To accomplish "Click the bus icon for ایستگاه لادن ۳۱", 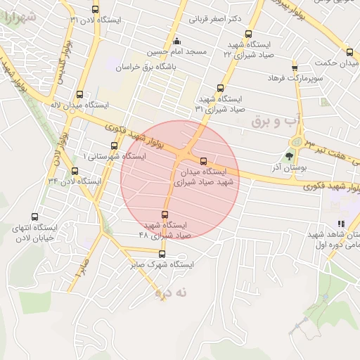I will coord(96,9).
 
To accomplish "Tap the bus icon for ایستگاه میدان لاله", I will coord(80,94).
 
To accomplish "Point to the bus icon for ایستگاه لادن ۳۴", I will coord(75,171).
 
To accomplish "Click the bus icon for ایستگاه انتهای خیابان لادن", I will coord(35,217).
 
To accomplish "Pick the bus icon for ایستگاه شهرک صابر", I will coord(162,254).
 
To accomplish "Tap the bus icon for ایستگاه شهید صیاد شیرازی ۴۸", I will coord(165,214).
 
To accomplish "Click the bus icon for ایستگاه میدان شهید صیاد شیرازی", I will coord(204,160).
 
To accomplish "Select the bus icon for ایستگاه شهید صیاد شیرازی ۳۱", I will coord(220,89).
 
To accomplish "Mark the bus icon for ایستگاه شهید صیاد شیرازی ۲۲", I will coord(248,33).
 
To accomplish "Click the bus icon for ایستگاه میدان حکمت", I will coord(349,52).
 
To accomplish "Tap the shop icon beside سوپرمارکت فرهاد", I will coord(275,72).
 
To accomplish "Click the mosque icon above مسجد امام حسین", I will coord(176,41).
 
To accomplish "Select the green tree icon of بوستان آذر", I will coord(289,156).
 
